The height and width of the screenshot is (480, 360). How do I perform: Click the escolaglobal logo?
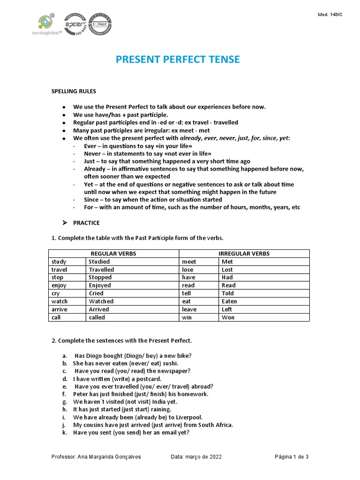pyautogui.click(x=46, y=26)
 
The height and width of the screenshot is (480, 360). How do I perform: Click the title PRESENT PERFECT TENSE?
pyautogui.click(x=178, y=60)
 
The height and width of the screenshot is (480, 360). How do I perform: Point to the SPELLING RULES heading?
pyautogui.click(x=74, y=91)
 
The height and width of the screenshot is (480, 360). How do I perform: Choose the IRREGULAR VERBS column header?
pyautogui.click(x=244, y=254)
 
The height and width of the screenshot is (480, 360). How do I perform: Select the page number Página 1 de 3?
pyautogui.click(x=291, y=457)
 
